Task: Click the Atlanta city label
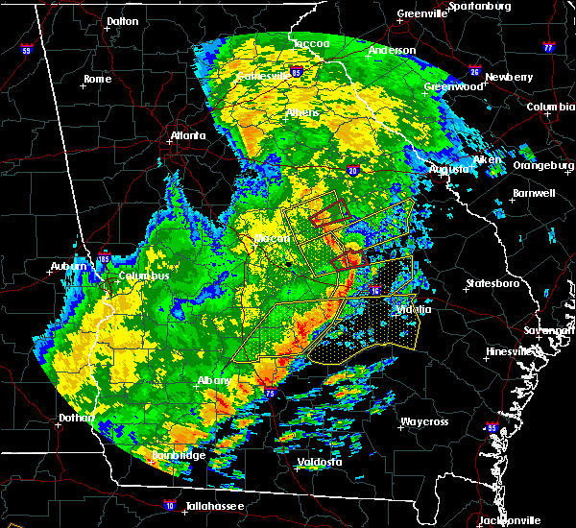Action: (188, 135)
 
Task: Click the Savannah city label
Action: (553, 330)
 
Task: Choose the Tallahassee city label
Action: (210, 506)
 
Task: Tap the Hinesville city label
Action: (511, 352)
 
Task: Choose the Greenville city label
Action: (422, 13)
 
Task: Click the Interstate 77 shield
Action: (548, 46)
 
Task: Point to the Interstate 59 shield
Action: (27, 50)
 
